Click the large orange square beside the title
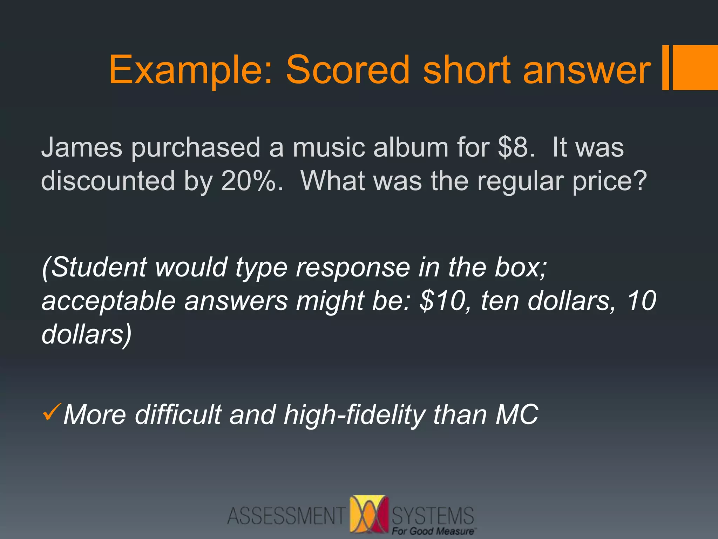[x=695, y=67]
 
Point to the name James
[x=82, y=147]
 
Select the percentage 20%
[x=251, y=181]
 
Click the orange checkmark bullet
[x=52, y=412]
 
